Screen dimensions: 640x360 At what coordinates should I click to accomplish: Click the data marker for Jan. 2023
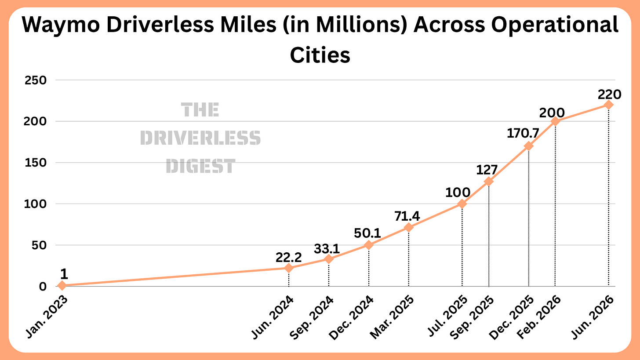tap(62, 285)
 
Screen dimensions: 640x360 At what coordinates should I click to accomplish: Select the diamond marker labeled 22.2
tap(288, 268)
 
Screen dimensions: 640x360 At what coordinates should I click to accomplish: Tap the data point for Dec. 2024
tap(368, 245)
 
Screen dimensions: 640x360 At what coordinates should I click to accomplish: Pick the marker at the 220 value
tap(608, 105)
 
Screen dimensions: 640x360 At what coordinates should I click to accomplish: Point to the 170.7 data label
tap(523, 133)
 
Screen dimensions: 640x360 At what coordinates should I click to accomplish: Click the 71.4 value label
tap(407, 216)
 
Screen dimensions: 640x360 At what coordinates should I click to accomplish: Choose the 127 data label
tap(487, 170)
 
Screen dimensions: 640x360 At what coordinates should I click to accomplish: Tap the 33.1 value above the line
tap(327, 249)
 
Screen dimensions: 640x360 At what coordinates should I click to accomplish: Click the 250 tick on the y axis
tap(36, 80)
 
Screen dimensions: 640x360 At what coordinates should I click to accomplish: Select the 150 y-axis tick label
tap(36, 163)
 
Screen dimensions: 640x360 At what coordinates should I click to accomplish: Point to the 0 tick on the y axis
tap(43, 286)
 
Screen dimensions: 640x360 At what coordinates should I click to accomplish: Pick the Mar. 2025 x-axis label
tap(392, 317)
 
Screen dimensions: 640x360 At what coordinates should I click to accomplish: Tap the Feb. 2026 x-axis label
tap(539, 317)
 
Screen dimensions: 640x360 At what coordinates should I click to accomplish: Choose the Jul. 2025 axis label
tap(447, 316)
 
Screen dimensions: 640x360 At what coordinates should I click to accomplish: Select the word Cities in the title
tap(320, 55)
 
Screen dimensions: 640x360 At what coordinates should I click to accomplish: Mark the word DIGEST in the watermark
tap(200, 166)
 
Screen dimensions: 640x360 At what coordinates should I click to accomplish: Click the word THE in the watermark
tap(200, 110)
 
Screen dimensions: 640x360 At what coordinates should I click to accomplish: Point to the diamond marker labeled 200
tap(555, 121)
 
